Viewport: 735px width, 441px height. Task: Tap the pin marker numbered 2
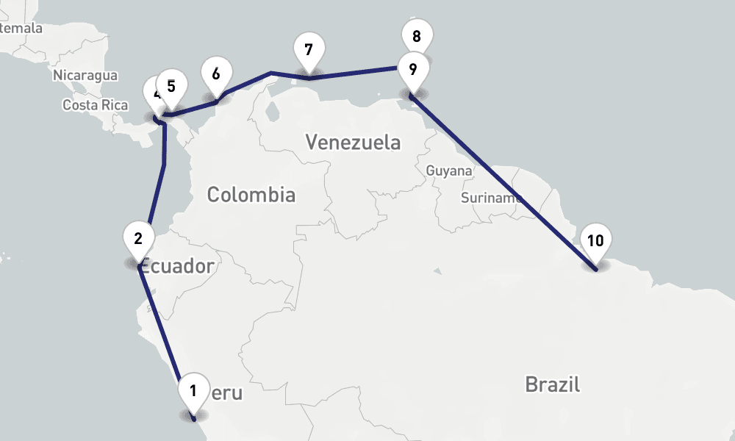pyautogui.click(x=138, y=238)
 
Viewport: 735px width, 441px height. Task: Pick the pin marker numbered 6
pyautogui.click(x=215, y=74)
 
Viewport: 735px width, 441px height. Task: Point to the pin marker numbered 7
pyautogui.click(x=308, y=51)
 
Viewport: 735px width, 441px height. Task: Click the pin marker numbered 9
pyautogui.click(x=412, y=70)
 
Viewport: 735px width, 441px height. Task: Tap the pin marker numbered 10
pyautogui.click(x=595, y=241)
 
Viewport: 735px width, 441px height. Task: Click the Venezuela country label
pyautogui.click(x=354, y=142)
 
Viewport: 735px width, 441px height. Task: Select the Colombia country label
pyautogui.click(x=251, y=195)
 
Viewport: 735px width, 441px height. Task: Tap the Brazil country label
pyautogui.click(x=553, y=384)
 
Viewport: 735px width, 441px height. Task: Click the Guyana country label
pyautogui.click(x=449, y=171)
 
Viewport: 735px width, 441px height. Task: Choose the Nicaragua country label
pyautogui.click(x=85, y=76)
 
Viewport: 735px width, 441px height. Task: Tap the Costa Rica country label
pyautogui.click(x=96, y=105)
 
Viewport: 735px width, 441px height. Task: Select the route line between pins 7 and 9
pyautogui.click(x=353, y=73)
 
